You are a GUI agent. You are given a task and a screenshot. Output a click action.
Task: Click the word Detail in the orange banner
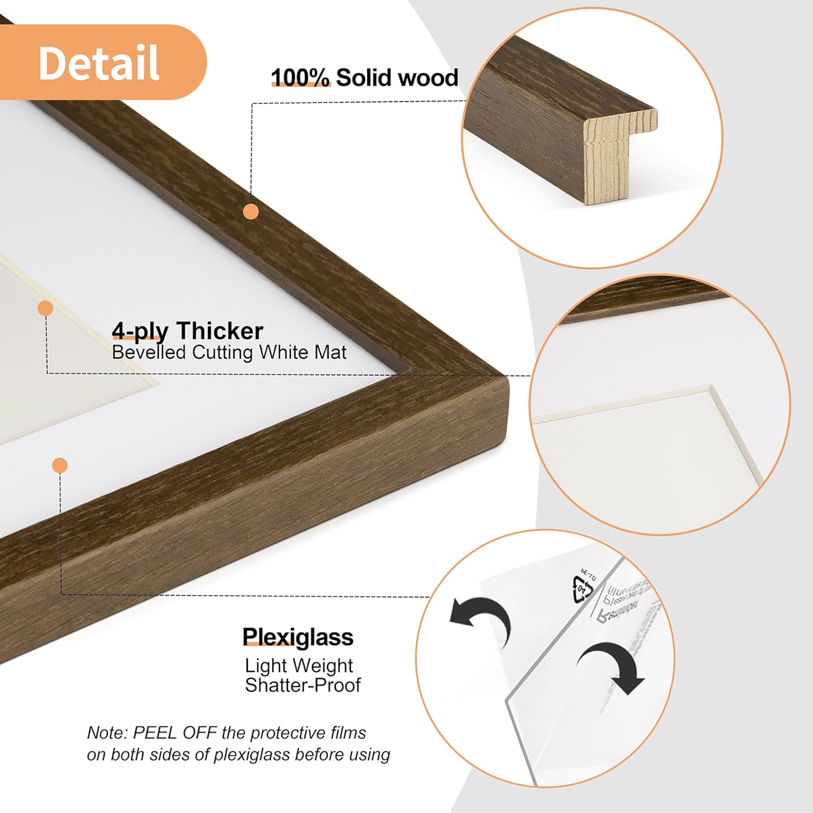point(99,62)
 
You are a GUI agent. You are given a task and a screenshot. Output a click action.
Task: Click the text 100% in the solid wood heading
point(300,78)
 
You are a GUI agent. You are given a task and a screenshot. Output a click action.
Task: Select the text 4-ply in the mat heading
point(140,331)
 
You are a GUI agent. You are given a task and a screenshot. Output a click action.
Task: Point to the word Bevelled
point(149,352)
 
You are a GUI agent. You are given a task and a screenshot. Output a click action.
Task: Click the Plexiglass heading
point(298,637)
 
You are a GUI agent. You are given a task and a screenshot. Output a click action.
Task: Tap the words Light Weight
point(299,665)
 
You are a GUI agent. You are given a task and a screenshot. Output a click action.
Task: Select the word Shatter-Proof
point(302,685)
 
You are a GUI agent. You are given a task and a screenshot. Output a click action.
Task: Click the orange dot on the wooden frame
point(250,211)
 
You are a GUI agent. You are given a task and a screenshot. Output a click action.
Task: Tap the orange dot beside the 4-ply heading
point(46,308)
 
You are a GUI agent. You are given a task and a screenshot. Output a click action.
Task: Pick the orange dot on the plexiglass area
point(60,465)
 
